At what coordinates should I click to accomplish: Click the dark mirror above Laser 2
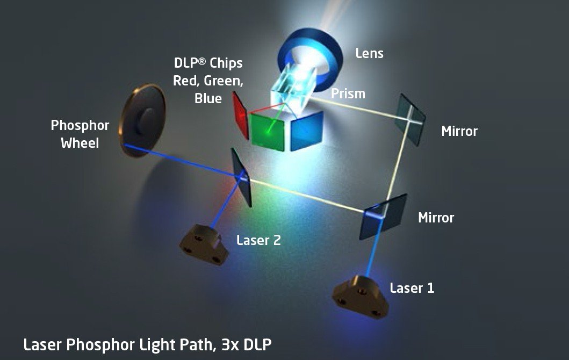[x=242, y=176]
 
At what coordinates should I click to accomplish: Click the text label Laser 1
[x=412, y=288]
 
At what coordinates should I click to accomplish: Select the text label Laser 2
[x=258, y=240]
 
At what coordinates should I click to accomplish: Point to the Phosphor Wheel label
[x=80, y=134]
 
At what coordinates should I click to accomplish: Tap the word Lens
[x=370, y=53]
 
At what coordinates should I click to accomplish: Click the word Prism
[x=348, y=93]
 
